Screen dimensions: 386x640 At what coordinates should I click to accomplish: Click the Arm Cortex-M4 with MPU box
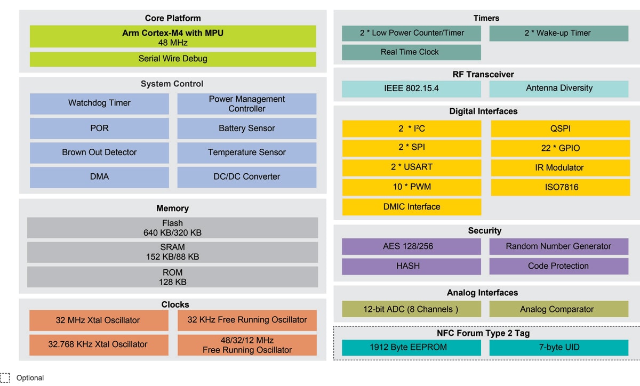click(x=173, y=37)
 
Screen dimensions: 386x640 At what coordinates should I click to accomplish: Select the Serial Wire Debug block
click(x=173, y=59)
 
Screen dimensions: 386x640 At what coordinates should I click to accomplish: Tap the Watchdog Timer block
click(x=99, y=103)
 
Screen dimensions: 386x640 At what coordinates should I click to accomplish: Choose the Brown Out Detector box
click(x=99, y=152)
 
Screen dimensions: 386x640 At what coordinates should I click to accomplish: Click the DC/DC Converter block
click(x=246, y=177)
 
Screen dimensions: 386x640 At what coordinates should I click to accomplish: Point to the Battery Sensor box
click(x=246, y=128)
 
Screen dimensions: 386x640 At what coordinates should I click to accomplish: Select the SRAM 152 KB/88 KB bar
click(x=173, y=252)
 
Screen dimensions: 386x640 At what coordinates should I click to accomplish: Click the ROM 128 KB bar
click(x=173, y=277)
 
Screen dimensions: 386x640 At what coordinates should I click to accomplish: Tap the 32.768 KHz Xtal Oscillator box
click(x=98, y=344)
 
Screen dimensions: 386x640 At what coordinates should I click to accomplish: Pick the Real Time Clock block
click(x=411, y=52)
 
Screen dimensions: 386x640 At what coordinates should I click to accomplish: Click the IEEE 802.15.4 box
click(x=411, y=89)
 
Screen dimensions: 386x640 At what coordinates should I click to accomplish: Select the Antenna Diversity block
click(x=559, y=89)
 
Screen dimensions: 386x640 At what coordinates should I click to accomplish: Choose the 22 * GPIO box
click(x=560, y=148)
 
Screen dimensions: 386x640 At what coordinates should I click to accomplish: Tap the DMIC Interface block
click(x=411, y=207)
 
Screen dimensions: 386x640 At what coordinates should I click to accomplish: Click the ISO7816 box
click(x=560, y=187)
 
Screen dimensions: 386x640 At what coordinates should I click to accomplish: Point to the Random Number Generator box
click(x=558, y=246)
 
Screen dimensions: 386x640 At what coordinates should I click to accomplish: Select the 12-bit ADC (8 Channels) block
click(x=411, y=309)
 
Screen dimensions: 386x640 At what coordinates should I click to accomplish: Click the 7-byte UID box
click(x=558, y=348)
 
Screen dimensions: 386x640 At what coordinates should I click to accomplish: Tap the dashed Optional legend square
click(x=5, y=377)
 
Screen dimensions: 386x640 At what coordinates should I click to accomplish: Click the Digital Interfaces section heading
click(x=483, y=111)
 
